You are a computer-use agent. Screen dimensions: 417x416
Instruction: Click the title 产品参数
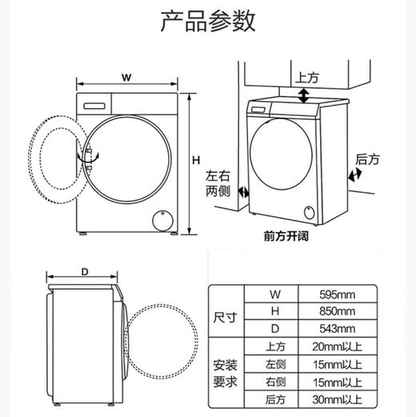[207, 22]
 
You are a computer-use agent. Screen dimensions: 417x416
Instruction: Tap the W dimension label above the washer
[126, 77]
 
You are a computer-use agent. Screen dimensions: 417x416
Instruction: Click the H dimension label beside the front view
[194, 161]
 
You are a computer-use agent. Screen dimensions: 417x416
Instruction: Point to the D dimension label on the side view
[85, 272]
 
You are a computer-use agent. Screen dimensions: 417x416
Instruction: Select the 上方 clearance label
[307, 78]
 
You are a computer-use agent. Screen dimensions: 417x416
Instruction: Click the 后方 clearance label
[367, 160]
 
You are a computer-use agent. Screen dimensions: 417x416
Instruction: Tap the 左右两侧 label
[218, 184]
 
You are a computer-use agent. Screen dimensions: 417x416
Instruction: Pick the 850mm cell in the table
[337, 312]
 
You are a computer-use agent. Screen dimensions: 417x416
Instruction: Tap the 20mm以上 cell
[337, 347]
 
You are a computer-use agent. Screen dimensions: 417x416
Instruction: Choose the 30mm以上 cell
[337, 399]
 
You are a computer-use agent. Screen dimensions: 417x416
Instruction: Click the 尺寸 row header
[226, 312]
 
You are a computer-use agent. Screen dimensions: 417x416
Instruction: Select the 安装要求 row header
[226, 373]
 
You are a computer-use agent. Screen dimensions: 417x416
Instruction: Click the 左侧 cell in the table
[275, 364]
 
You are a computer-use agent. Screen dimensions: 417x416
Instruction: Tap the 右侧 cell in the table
[275, 382]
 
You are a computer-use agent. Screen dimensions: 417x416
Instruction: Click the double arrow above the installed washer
[303, 97]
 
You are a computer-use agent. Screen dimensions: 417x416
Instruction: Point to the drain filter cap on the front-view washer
[162, 218]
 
